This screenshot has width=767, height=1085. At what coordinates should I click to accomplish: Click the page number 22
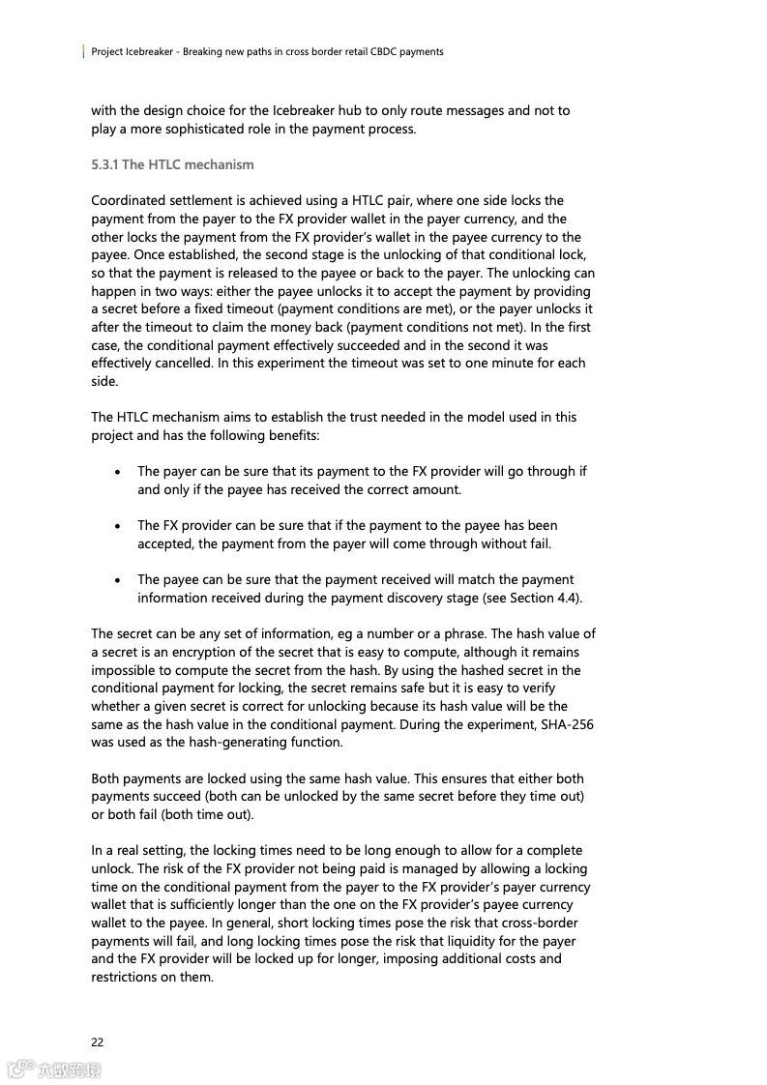click(97, 1041)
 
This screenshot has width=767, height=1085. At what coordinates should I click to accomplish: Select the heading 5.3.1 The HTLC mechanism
click(172, 164)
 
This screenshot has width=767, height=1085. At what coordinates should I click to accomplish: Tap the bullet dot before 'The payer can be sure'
click(118, 472)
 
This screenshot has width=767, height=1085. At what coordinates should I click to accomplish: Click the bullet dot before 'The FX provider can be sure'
click(118, 526)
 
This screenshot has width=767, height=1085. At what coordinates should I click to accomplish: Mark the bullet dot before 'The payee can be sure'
click(118, 580)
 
